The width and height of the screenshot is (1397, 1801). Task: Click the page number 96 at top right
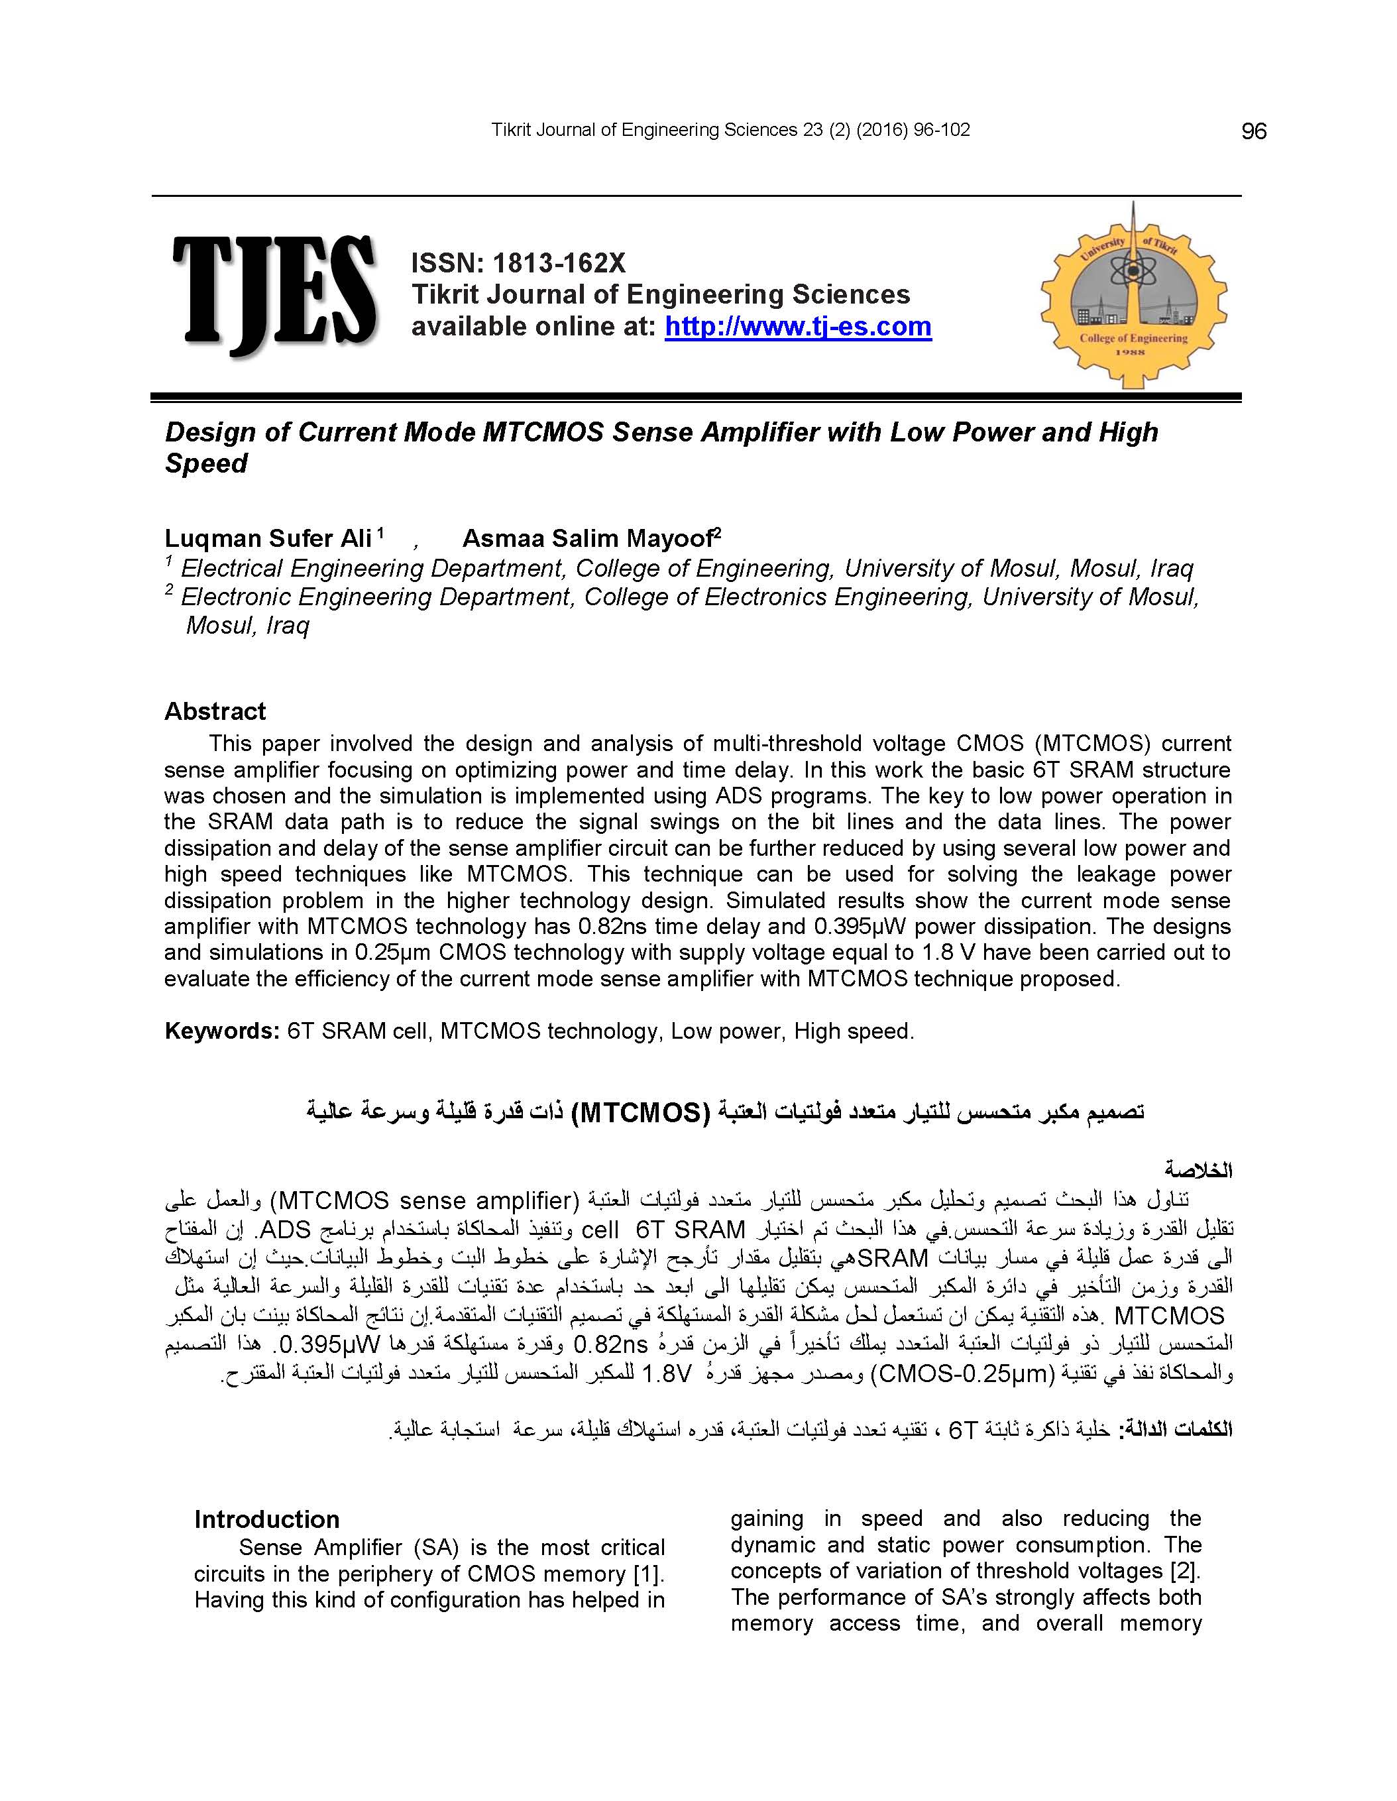point(1253,131)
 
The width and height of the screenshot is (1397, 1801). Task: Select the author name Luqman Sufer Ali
point(268,538)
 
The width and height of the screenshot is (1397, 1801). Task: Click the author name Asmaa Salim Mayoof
point(587,538)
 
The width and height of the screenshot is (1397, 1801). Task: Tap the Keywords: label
point(222,1031)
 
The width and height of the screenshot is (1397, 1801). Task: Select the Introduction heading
point(266,1519)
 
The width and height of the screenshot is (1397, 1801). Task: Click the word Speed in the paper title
point(206,463)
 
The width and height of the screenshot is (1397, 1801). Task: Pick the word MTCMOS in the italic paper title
point(543,432)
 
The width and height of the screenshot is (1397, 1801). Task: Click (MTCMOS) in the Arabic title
point(640,1112)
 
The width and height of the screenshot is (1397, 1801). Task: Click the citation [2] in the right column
point(1185,1570)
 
